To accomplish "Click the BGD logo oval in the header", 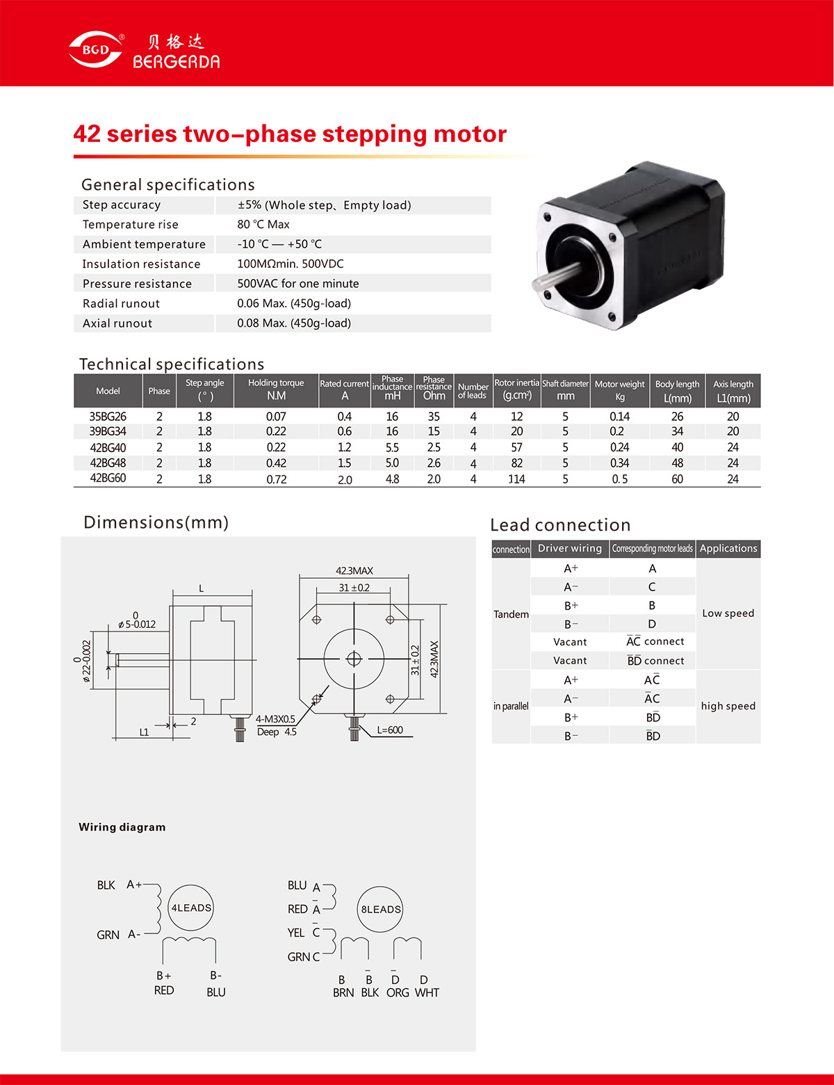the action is click(95, 49).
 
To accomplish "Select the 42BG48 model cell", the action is click(108, 463).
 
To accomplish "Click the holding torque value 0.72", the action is click(277, 479).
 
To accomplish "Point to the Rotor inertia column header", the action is click(517, 389).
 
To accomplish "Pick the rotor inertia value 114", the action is click(516, 479).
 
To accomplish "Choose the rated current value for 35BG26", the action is click(344, 417).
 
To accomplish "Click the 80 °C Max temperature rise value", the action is click(263, 225).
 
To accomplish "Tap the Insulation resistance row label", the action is click(141, 264).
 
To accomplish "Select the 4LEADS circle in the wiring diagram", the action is click(191, 908).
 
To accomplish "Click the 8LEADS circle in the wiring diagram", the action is click(380, 909).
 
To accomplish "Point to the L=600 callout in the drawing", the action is click(390, 730).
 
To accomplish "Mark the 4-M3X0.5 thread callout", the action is click(275, 719).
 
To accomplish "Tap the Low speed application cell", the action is click(728, 613).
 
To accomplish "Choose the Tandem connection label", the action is click(512, 614).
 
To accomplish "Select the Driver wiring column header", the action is click(570, 548).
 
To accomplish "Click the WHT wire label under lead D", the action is click(427, 992).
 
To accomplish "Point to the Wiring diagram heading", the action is click(122, 827).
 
